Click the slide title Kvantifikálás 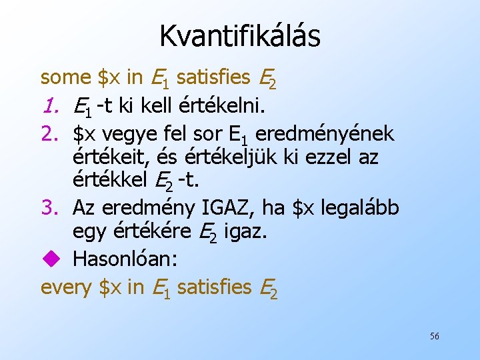pos(239,35)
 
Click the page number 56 pos(434,336)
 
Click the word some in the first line pos(65,77)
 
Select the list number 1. pos(50,105)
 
